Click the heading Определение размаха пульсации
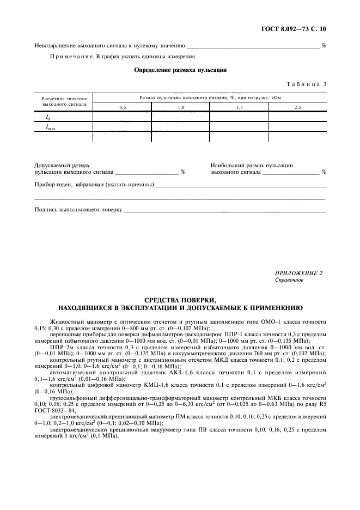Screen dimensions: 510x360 (180, 70)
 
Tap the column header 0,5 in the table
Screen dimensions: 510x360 (122, 107)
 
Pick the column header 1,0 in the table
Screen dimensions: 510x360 (180, 107)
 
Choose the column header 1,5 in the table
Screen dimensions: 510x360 (239, 107)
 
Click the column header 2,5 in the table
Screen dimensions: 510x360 (297, 107)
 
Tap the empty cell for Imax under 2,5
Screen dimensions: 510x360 (297, 127)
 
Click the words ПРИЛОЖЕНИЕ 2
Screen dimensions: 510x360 (299, 273)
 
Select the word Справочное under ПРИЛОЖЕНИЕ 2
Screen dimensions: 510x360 (289, 280)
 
